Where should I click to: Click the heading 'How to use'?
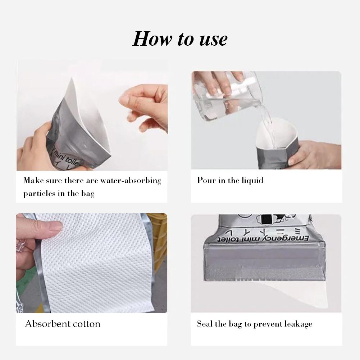pyautogui.click(x=180, y=39)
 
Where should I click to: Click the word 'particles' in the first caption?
pyautogui.click(x=39, y=193)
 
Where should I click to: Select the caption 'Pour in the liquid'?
pyautogui.click(x=230, y=180)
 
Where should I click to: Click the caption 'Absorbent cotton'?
pyautogui.click(x=63, y=324)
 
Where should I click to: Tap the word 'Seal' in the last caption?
pyautogui.click(x=205, y=324)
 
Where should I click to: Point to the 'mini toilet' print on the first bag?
pyautogui.click(x=67, y=158)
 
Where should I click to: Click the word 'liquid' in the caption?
pyautogui.click(x=253, y=180)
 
